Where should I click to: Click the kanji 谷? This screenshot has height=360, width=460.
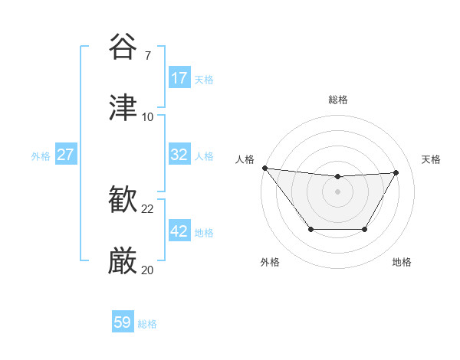pyautogui.click(x=123, y=47)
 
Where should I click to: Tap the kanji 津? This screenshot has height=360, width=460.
pyautogui.click(x=123, y=108)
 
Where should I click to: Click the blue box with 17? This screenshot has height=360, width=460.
pyautogui.click(x=179, y=78)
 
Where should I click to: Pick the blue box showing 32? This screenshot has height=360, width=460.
pyautogui.click(x=179, y=155)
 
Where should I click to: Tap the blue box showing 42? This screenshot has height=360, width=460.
pyautogui.click(x=179, y=231)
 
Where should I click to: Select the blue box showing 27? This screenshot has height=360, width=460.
pyautogui.click(x=66, y=155)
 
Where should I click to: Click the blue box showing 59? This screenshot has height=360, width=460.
pyautogui.click(x=123, y=322)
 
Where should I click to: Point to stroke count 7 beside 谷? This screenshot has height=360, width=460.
pyautogui.click(x=148, y=56)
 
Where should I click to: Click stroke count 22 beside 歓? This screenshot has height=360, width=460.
pyautogui.click(x=148, y=209)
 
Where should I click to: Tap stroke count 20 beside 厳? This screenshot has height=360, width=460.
pyautogui.click(x=148, y=270)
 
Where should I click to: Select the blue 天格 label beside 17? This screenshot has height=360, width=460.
pyautogui.click(x=204, y=79)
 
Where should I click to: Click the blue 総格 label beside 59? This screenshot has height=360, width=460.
pyautogui.click(x=147, y=324)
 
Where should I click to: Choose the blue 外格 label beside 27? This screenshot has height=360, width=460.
pyautogui.click(x=41, y=156)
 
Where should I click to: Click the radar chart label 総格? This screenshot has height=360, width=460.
pyautogui.click(x=338, y=100)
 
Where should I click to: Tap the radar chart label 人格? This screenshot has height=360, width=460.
pyautogui.click(x=245, y=159)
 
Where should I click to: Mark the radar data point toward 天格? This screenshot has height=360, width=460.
pyautogui.click(x=396, y=172)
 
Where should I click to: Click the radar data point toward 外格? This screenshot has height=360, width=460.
pyautogui.click(x=310, y=229)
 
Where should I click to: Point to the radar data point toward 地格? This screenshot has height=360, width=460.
pyautogui.click(x=365, y=229)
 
